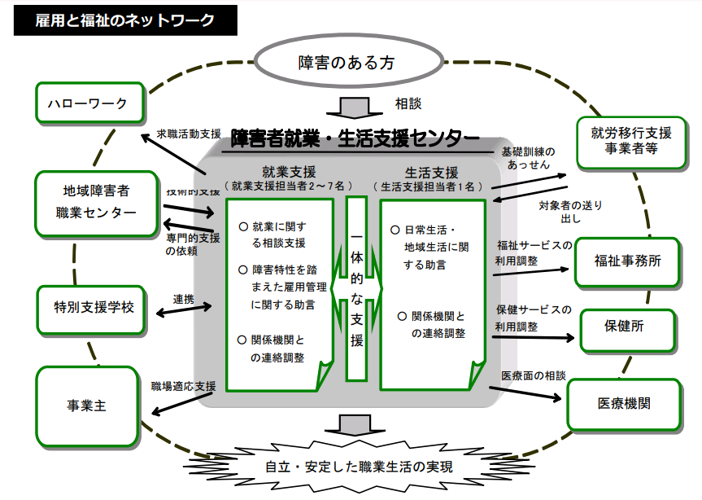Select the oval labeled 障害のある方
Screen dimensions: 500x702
pos(351,63)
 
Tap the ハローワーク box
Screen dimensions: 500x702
pos(88,104)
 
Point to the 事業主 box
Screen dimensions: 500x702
pos(87,405)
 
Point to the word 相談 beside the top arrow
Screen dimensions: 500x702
pos(408,104)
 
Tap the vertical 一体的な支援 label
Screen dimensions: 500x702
pos(356,288)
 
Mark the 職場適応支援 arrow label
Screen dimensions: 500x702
pos(183,385)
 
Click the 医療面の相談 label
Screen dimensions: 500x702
pos(533,375)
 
